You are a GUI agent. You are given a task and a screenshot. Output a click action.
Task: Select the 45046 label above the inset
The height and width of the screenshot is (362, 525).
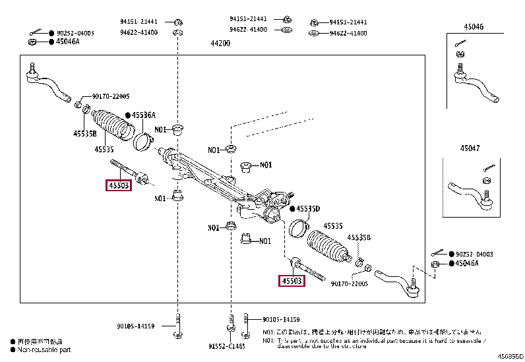(x=472, y=27)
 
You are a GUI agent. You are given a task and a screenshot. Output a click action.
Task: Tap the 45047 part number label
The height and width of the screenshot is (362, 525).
(x=472, y=148)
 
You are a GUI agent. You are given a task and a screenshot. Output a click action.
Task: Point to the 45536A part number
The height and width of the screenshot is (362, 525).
(x=143, y=115)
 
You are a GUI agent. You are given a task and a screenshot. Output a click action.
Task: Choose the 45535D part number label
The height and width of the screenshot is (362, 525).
(x=307, y=209)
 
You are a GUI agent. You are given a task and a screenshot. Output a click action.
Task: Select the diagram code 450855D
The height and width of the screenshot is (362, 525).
(x=510, y=357)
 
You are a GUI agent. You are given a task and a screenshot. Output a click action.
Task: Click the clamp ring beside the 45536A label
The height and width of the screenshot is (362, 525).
(x=142, y=140)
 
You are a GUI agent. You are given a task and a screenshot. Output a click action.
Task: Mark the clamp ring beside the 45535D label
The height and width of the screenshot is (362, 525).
(x=298, y=227)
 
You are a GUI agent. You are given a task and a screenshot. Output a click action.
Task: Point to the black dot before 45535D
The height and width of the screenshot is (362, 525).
(x=291, y=209)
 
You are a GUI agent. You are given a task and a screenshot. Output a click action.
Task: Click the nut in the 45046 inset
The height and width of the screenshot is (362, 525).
(x=461, y=54)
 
